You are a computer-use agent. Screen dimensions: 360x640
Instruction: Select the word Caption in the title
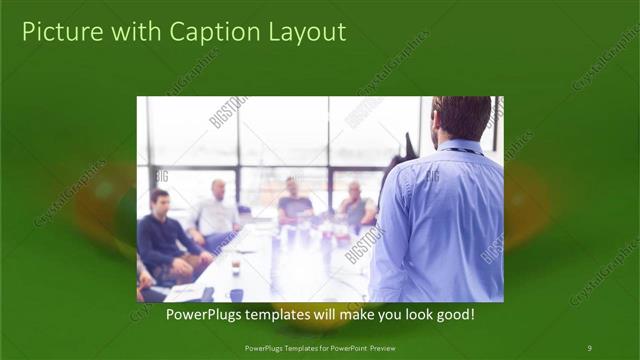(x=207, y=32)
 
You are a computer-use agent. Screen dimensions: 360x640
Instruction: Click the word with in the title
(x=127, y=32)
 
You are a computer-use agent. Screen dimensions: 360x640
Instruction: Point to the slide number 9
(x=589, y=348)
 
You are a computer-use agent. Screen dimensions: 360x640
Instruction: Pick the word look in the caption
(x=411, y=314)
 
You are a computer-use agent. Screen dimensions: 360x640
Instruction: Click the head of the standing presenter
(x=463, y=118)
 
